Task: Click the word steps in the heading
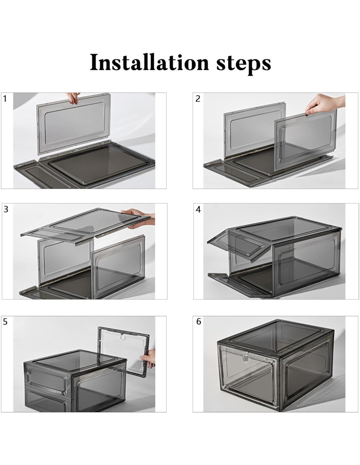click(243, 63)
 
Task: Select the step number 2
click(198, 99)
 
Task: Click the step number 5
click(5, 322)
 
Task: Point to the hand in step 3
click(139, 218)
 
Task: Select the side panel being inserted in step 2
click(305, 139)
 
